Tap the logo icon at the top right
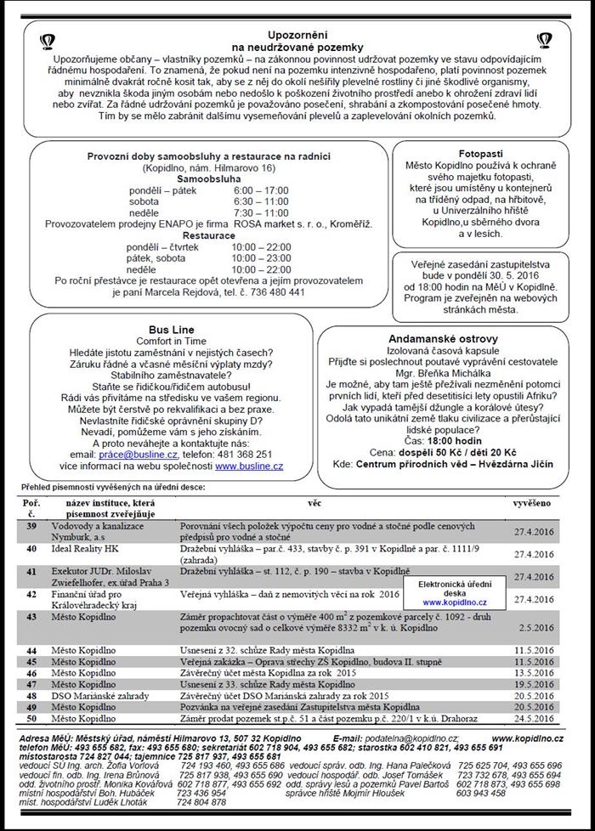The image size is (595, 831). point(544,39)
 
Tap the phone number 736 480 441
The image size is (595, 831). point(275,291)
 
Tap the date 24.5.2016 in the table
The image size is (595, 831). point(534,718)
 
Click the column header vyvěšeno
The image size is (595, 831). point(532,504)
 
